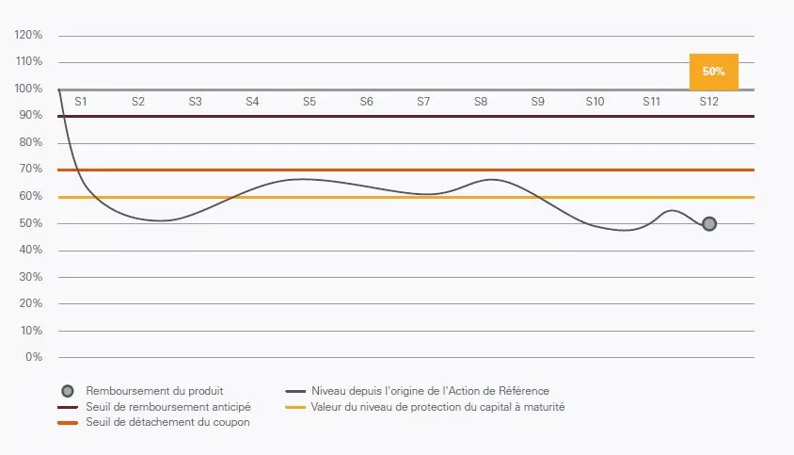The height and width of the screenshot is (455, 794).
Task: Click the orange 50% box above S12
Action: (x=713, y=72)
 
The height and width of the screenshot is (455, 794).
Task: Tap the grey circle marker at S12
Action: (x=709, y=223)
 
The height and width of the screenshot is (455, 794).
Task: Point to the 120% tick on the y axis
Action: (x=28, y=35)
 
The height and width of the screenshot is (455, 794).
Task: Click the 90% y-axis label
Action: (x=30, y=115)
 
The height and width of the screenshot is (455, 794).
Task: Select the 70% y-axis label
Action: (x=30, y=169)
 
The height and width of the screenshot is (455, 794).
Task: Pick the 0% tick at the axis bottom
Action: (x=33, y=357)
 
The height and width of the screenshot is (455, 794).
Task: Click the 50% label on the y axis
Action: (x=30, y=223)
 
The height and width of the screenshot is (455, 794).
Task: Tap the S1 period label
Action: (x=81, y=100)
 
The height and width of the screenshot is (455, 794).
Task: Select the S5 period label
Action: (x=310, y=100)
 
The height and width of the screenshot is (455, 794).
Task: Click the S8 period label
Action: (x=481, y=100)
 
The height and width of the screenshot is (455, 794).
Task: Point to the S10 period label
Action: (x=595, y=100)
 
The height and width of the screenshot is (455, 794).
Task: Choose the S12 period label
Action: (x=708, y=100)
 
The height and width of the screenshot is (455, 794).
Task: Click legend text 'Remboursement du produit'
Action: (x=154, y=390)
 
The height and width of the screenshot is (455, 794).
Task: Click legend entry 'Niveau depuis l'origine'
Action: (x=430, y=390)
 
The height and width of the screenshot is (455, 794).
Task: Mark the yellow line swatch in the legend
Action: (x=295, y=407)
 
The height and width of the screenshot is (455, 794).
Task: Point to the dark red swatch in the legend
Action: (x=68, y=407)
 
